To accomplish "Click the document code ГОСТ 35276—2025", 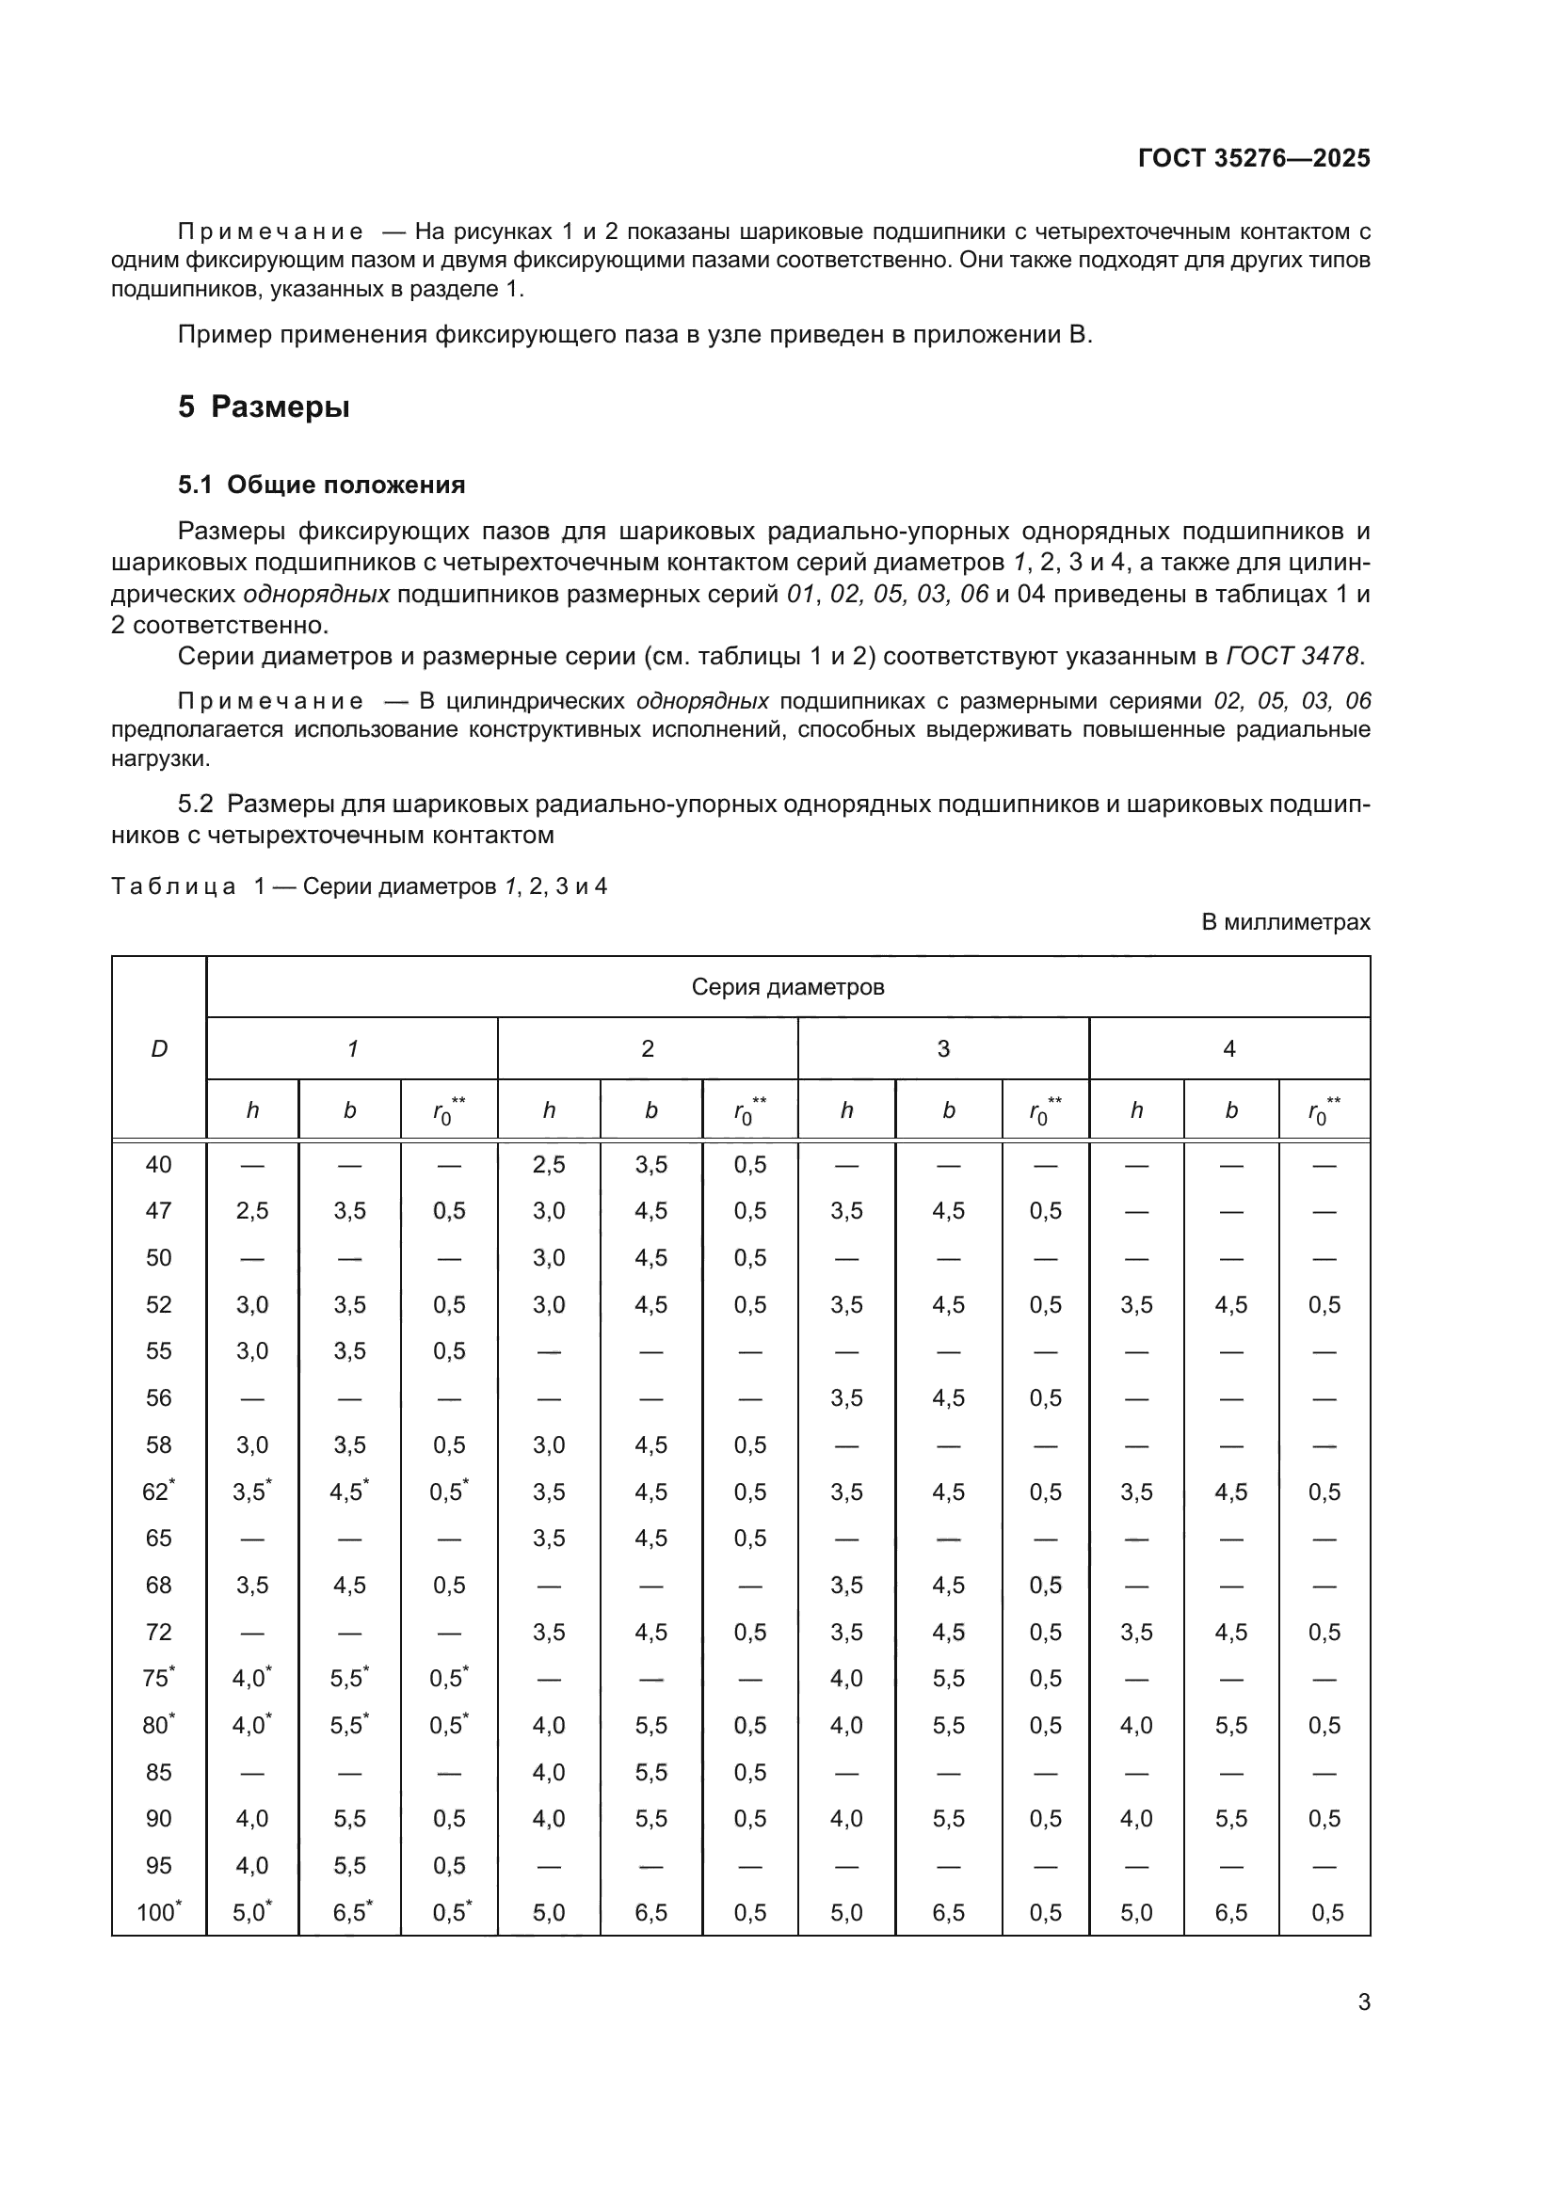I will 1253,158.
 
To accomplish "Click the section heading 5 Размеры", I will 264,407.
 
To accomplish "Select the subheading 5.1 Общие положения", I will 321,485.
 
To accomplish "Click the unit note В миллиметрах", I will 1286,922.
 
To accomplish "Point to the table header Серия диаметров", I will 787,986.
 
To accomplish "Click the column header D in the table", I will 159,1048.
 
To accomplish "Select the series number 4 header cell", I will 1228,1048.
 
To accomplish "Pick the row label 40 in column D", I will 158,1165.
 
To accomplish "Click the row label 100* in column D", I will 158,1912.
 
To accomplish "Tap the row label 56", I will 158,1397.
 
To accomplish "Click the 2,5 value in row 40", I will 549,1165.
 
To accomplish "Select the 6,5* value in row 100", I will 351,1912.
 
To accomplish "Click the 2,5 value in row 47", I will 252,1211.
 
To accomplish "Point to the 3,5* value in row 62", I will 251,1491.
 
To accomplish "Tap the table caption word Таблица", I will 173,885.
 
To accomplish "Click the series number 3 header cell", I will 942,1048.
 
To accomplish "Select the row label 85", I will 158,1772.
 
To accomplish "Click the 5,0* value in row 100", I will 251,1912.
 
